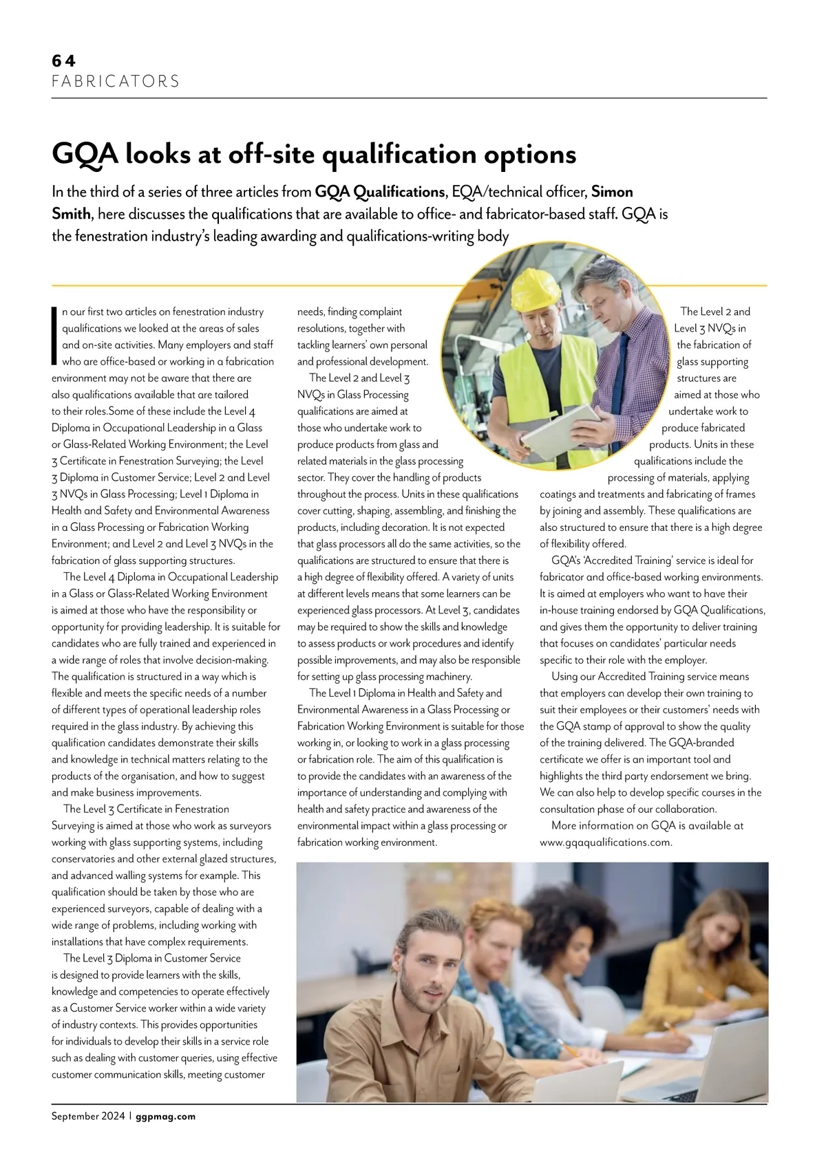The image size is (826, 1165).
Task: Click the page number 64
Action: tap(63, 61)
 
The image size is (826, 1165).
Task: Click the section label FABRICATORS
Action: tap(116, 81)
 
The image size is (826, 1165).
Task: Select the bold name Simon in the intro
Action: tap(612, 192)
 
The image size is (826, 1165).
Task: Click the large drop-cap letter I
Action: tap(54, 335)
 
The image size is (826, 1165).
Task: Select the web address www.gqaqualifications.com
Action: tap(606, 842)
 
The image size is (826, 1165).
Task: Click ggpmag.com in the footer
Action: tap(166, 1117)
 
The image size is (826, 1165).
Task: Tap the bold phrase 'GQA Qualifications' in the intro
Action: tap(380, 192)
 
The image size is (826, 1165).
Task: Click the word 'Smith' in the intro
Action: tap(71, 214)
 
